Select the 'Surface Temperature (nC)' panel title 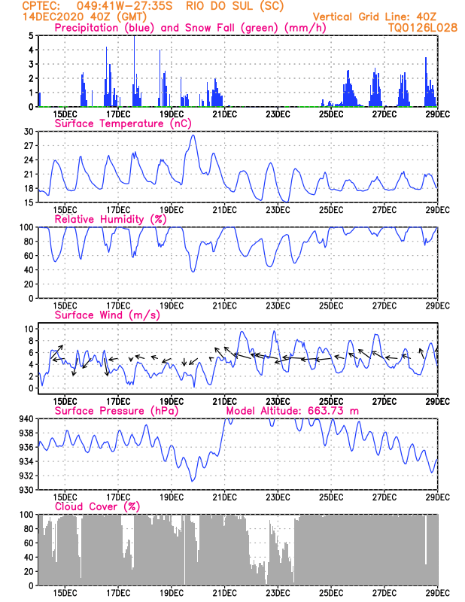(x=123, y=123)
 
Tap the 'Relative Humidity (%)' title (x=111, y=219)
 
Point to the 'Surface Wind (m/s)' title (x=108, y=315)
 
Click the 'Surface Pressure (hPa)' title (x=117, y=411)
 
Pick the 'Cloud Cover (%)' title (x=98, y=506)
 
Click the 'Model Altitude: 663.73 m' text (x=293, y=411)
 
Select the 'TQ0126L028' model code (x=423, y=28)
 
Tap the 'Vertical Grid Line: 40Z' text (x=375, y=17)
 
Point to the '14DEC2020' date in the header (x=53, y=17)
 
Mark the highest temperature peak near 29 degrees (x=193, y=135)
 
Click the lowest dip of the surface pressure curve (x=192, y=481)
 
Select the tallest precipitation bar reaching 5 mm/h (x=134, y=71)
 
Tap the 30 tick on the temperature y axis (x=29, y=131)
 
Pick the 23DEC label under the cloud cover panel (x=278, y=593)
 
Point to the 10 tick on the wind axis (x=29, y=329)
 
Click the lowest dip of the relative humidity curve (x=193, y=271)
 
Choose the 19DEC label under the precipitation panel (x=172, y=114)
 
